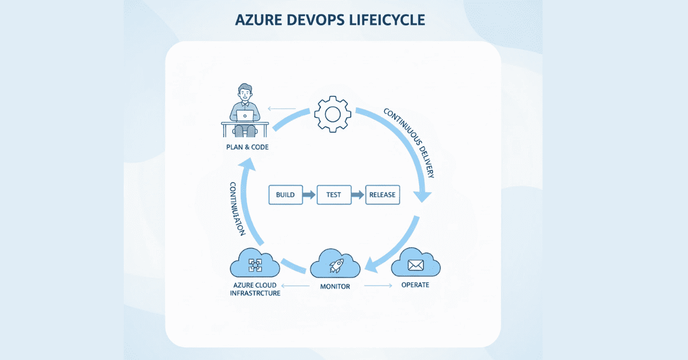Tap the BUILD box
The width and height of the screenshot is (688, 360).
[285, 195]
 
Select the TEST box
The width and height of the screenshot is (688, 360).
[333, 195]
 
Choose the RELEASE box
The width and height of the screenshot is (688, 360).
[382, 195]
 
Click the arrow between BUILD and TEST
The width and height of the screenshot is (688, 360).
[309, 195]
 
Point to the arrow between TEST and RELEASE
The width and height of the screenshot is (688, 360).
[358, 195]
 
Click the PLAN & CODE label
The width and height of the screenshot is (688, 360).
[247, 147]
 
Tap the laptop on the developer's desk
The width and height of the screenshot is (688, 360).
[245, 116]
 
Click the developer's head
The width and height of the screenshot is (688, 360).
[245, 92]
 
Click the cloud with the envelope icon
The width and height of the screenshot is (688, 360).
[416, 265]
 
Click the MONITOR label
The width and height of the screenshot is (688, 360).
[335, 285]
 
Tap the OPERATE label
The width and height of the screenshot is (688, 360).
[415, 285]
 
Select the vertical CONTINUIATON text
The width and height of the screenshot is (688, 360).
[237, 209]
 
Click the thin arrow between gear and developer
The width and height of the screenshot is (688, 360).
[283, 108]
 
